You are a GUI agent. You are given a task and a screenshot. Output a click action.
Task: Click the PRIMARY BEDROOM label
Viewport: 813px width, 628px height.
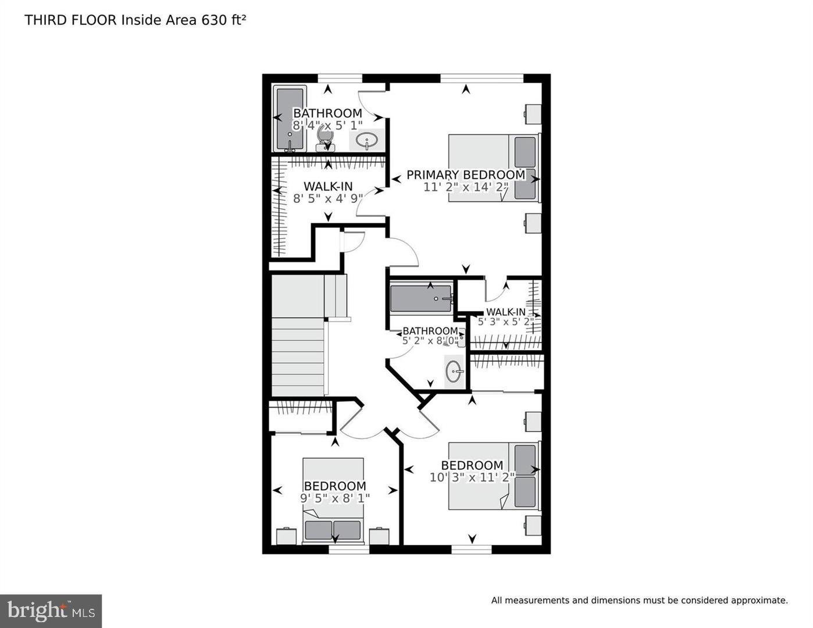tap(465, 174)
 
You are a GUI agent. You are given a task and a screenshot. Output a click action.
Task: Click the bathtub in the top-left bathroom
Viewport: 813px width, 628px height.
tap(290, 119)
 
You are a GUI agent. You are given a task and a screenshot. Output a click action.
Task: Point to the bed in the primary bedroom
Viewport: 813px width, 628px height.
tap(493, 169)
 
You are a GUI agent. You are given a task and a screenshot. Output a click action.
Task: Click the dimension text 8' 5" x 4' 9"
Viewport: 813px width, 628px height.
tap(328, 198)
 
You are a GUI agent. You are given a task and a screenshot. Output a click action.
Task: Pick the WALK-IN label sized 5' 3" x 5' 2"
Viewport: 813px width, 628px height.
tap(505, 312)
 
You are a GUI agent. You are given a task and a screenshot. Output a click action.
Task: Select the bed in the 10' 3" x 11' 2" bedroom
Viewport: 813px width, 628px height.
tap(493, 476)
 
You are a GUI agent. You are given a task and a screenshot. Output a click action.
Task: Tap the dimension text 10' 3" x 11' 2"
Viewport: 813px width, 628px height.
tap(472, 477)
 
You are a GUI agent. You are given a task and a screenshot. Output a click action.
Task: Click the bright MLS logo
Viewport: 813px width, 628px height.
tap(51, 611)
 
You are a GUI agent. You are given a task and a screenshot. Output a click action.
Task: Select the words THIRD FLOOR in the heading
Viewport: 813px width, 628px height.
tap(70, 20)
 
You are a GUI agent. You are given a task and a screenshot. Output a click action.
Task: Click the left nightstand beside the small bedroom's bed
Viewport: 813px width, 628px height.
tap(287, 536)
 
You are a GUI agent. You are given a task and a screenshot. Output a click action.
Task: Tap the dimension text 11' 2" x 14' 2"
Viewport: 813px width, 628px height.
tap(466, 187)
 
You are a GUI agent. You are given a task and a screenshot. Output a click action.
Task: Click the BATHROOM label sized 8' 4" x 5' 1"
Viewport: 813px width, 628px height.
tap(327, 113)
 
